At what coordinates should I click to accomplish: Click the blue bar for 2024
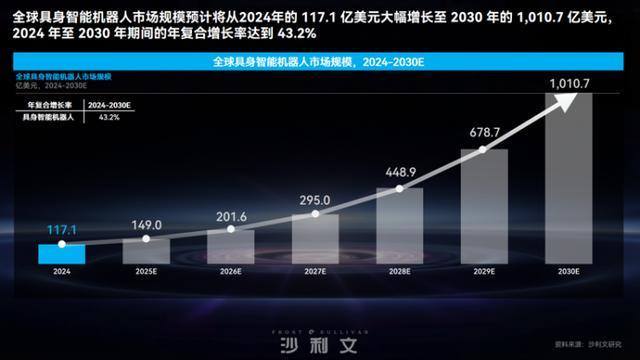[x=62, y=253]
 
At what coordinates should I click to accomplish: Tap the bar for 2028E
[x=400, y=226]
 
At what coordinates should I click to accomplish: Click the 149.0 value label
[x=146, y=225]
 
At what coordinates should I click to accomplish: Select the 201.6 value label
[x=230, y=215]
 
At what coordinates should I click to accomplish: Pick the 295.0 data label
[x=315, y=200]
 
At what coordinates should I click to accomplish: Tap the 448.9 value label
[x=400, y=172]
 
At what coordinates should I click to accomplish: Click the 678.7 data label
[x=484, y=131]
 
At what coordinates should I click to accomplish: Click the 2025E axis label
[x=146, y=271]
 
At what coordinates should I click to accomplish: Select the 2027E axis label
[x=315, y=271]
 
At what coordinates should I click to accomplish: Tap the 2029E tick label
[x=484, y=271]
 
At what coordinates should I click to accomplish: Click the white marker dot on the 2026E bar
[x=230, y=231]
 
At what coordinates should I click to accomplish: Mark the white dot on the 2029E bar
[x=484, y=149]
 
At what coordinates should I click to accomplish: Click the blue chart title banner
[x=319, y=61]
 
